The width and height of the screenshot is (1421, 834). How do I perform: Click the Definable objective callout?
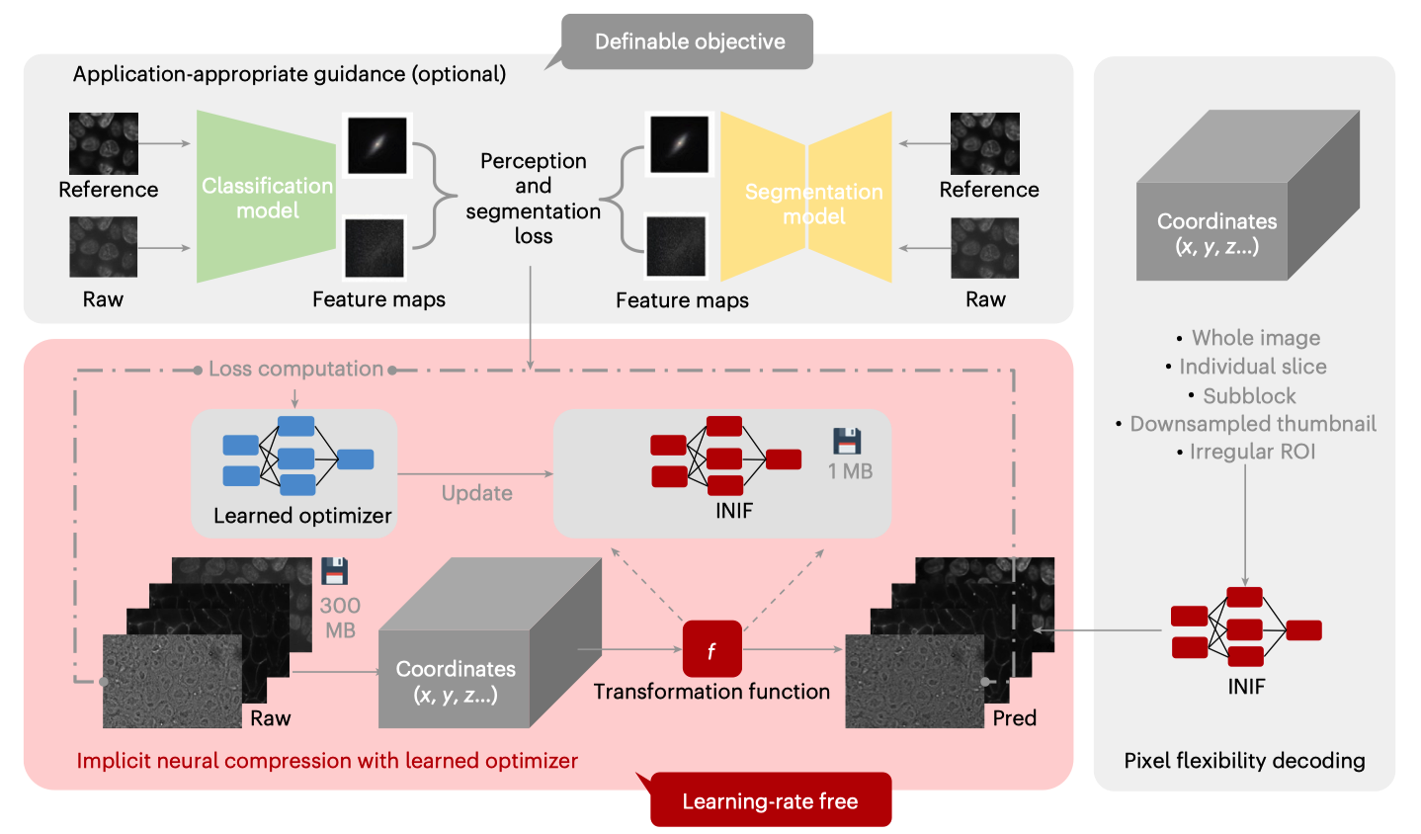(689, 42)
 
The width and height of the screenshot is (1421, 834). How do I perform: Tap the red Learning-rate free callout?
(770, 800)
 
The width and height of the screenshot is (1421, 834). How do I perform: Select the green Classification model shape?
(267, 198)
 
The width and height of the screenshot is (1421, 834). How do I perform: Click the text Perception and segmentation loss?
(533, 199)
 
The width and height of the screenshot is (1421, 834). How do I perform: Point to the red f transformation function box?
(711, 649)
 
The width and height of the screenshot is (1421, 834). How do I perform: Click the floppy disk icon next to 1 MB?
(847, 441)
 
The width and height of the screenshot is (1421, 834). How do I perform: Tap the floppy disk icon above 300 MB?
(335, 571)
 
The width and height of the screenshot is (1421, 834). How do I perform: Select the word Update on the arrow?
(476, 493)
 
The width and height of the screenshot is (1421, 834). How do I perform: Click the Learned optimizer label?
(302, 516)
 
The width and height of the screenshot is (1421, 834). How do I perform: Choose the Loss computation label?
(295, 369)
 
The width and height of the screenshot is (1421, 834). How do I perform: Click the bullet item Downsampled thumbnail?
(1252, 424)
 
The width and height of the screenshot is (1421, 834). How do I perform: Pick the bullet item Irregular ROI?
(1252, 452)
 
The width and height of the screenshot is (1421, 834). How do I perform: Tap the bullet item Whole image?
(1255, 338)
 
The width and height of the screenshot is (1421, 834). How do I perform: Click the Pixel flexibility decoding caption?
(1244, 761)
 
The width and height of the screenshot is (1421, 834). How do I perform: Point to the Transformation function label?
(711, 692)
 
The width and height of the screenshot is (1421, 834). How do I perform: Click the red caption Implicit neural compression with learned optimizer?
(327, 761)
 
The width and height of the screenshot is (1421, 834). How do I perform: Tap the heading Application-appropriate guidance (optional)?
(290, 74)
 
